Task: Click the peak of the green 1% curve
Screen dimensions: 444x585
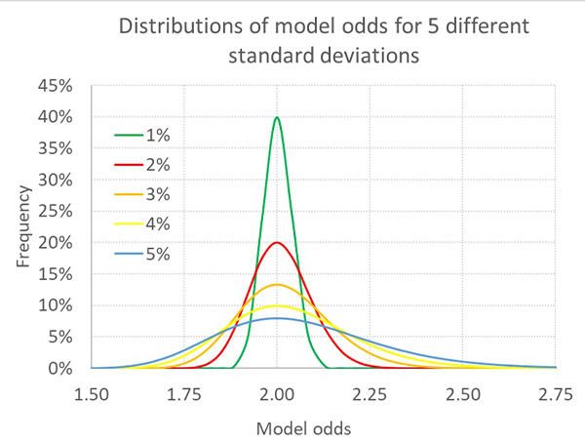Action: tap(277, 118)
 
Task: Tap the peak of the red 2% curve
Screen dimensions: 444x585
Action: tap(277, 243)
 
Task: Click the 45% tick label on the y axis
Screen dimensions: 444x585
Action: tap(56, 86)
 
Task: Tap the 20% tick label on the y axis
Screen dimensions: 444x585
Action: tap(56, 243)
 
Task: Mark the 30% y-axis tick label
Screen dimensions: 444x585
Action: tap(56, 180)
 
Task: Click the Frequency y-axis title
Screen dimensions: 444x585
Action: tap(21, 226)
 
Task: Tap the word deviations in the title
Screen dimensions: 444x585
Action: tap(369, 55)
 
